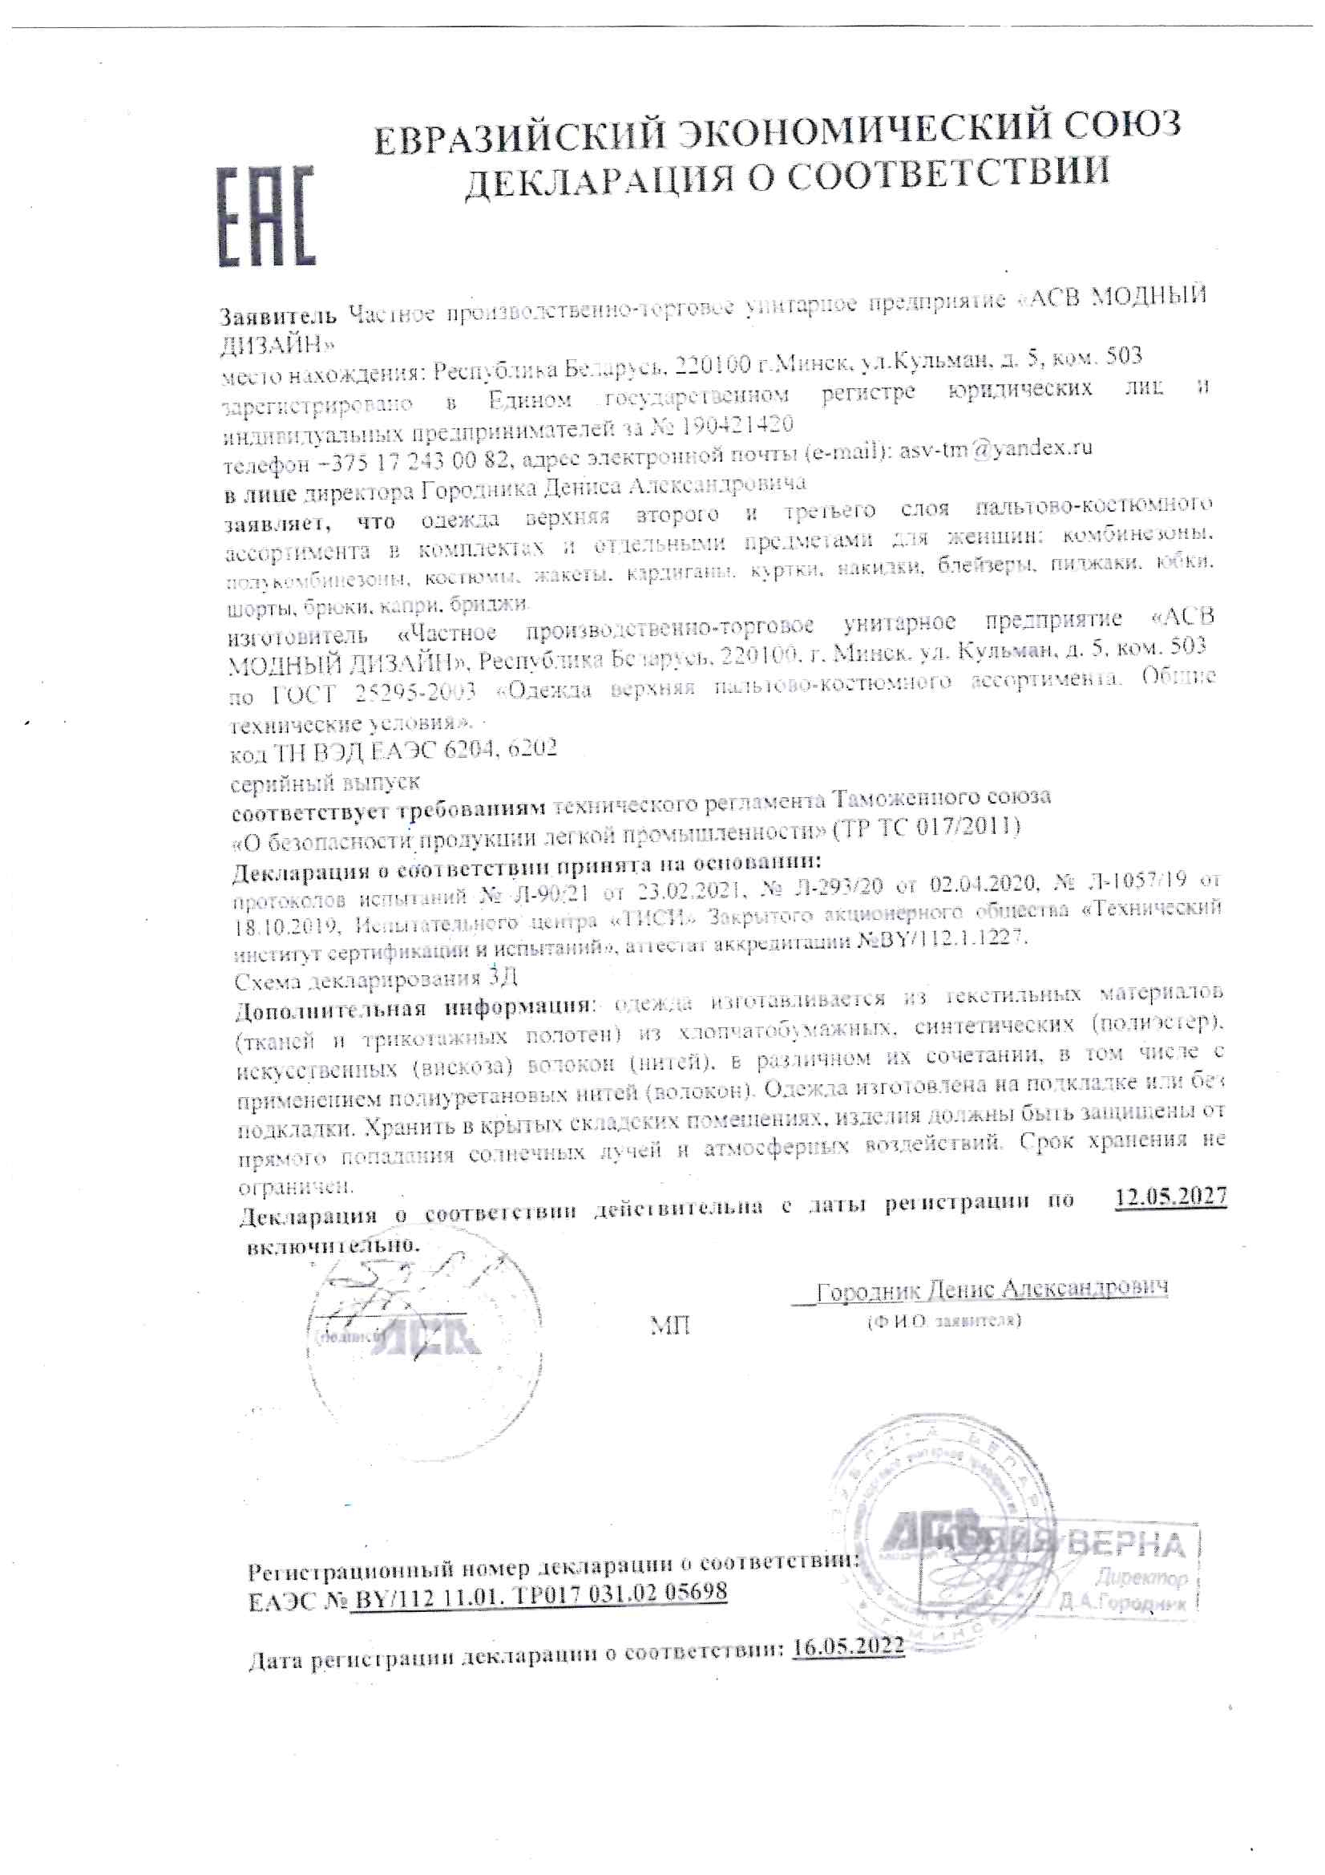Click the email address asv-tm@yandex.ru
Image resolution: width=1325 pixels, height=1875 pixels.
pyautogui.click(x=996, y=448)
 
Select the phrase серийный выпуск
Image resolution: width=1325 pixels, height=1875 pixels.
pyautogui.click(x=325, y=784)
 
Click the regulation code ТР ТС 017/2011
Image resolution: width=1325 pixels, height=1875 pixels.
pyautogui.click(x=927, y=827)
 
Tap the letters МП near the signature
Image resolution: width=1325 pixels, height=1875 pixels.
pyautogui.click(x=669, y=1326)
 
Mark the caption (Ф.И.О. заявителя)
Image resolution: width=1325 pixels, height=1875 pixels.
pyautogui.click(x=943, y=1321)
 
